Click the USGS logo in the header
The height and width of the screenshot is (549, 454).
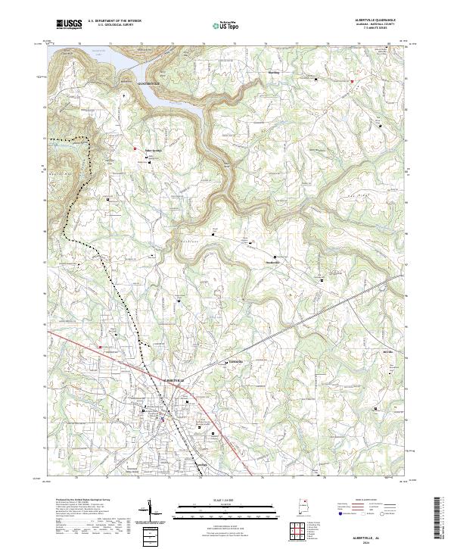[69, 24]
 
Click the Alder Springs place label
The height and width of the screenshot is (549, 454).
[154, 149]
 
